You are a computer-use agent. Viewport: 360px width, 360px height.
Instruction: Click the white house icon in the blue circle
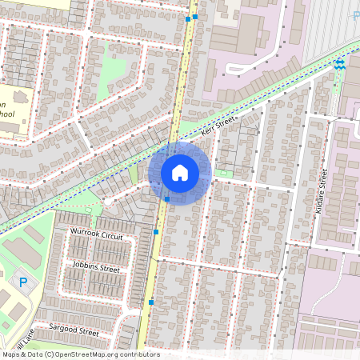(x=180, y=172)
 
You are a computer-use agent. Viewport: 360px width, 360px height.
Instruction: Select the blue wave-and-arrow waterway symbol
(x=340, y=64)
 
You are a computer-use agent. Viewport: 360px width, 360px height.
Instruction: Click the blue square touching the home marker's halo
(x=166, y=198)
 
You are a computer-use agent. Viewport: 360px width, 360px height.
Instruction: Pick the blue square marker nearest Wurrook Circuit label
(x=155, y=232)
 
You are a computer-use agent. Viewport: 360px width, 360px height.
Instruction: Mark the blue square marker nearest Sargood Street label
(x=150, y=302)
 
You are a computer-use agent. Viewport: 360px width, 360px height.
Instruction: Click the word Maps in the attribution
(x=10, y=354)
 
